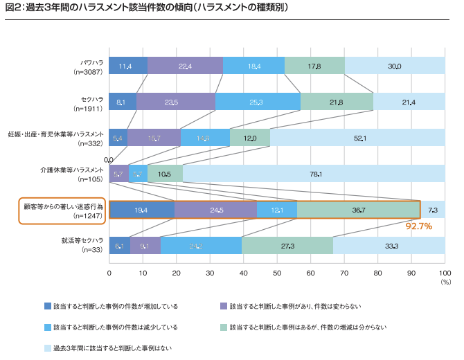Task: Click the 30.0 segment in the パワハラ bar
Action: click(395, 66)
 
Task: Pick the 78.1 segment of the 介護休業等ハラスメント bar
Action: click(313, 174)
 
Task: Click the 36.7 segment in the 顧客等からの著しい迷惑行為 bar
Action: click(358, 210)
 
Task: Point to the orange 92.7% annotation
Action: click(418, 226)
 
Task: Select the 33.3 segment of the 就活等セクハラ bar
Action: click(389, 246)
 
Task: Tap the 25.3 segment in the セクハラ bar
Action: click(258, 102)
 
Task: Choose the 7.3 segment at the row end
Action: click(432, 210)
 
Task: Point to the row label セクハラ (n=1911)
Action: click(89, 102)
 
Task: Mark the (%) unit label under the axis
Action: click(445, 282)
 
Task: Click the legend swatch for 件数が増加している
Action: click(48, 305)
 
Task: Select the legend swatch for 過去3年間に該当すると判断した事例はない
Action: click(48, 348)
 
